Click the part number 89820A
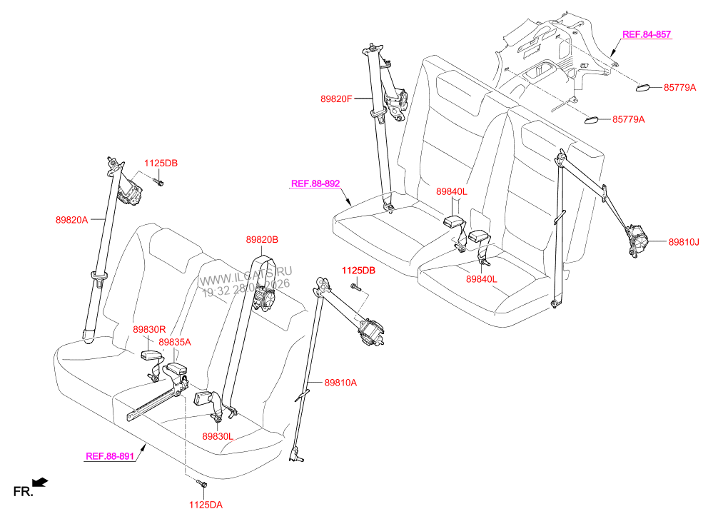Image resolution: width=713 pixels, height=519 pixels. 71,220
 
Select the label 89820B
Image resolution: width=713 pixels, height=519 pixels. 262,241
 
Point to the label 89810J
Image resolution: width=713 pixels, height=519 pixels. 683,242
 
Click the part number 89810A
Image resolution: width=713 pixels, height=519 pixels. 340,383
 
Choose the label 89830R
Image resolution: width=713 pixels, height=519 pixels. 148,329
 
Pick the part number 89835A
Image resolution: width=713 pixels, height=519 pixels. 175,342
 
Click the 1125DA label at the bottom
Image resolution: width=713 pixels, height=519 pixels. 206,505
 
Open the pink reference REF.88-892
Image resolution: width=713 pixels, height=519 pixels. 315,183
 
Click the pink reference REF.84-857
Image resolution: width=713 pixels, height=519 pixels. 647,34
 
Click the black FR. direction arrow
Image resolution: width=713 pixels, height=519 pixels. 41,484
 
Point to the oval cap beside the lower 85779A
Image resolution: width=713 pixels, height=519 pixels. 593,119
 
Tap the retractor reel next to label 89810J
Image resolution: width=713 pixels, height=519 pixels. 639,241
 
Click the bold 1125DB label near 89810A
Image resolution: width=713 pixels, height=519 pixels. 358,271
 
